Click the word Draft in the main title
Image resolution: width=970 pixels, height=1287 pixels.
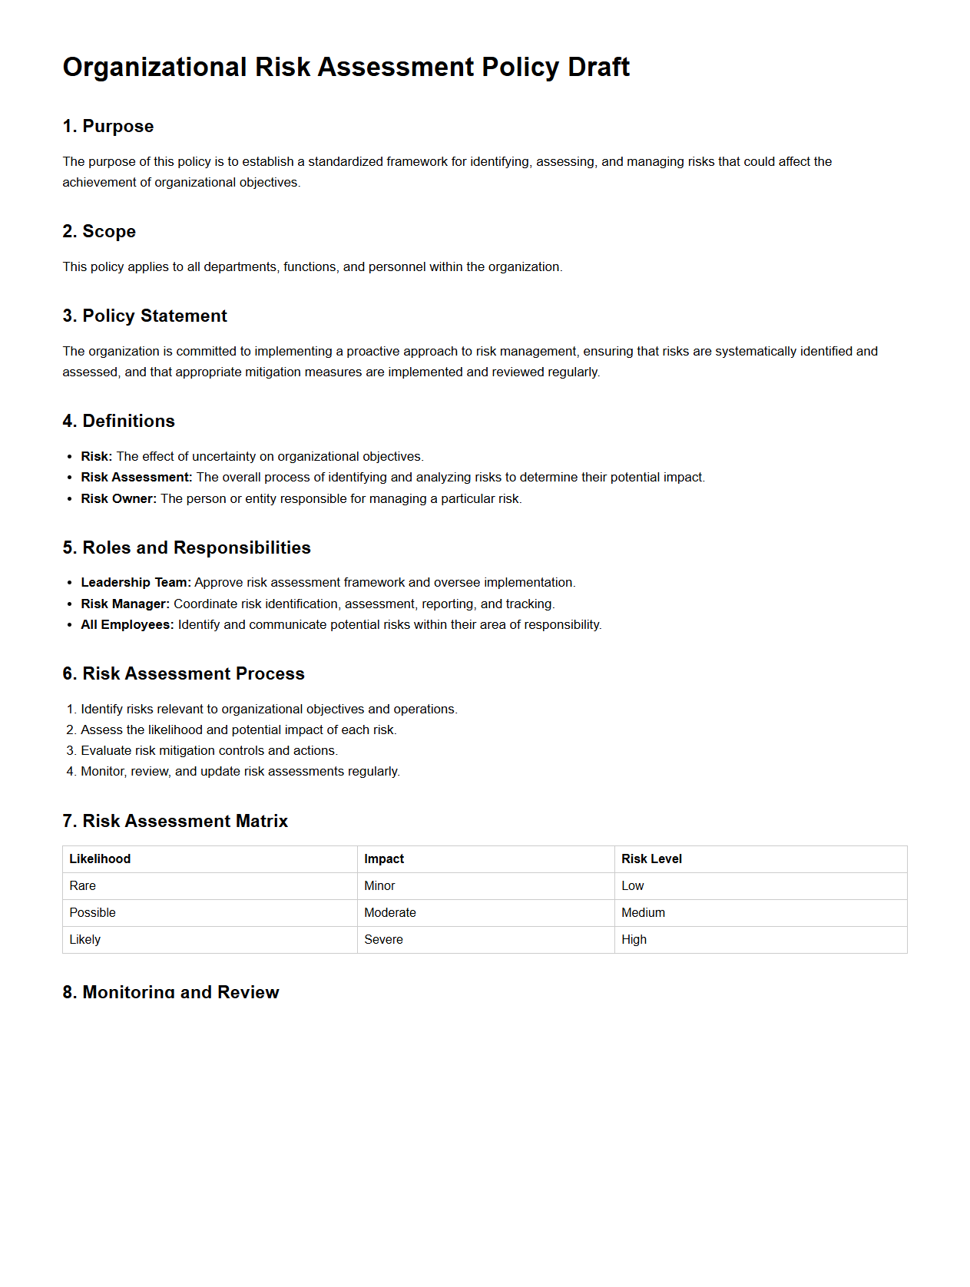point(598,68)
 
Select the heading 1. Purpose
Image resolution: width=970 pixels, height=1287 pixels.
point(108,127)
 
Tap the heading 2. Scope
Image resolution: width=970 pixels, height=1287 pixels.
point(99,232)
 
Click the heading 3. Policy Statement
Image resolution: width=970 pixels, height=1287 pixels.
point(145,316)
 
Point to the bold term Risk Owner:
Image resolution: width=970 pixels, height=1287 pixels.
point(118,499)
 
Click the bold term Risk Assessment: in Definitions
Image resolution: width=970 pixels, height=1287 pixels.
point(137,478)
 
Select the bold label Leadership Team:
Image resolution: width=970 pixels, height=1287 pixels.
point(136,583)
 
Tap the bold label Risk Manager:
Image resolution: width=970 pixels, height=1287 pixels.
point(125,604)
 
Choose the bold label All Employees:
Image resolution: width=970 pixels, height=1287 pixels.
point(127,625)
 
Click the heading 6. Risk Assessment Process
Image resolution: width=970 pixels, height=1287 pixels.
point(184,674)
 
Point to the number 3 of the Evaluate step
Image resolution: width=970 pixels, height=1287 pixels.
point(70,751)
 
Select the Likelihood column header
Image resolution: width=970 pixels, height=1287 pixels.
point(100,859)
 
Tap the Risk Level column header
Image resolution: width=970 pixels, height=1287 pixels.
point(651,859)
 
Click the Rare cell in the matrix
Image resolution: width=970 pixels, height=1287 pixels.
point(83,886)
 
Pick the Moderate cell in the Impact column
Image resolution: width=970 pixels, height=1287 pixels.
point(390,913)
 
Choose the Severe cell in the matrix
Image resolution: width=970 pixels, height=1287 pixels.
point(383,940)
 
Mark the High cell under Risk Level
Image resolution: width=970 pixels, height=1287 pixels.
point(634,940)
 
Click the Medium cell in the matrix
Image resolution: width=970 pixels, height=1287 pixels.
point(643,913)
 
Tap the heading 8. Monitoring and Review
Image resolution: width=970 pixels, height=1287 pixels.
point(170,992)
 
